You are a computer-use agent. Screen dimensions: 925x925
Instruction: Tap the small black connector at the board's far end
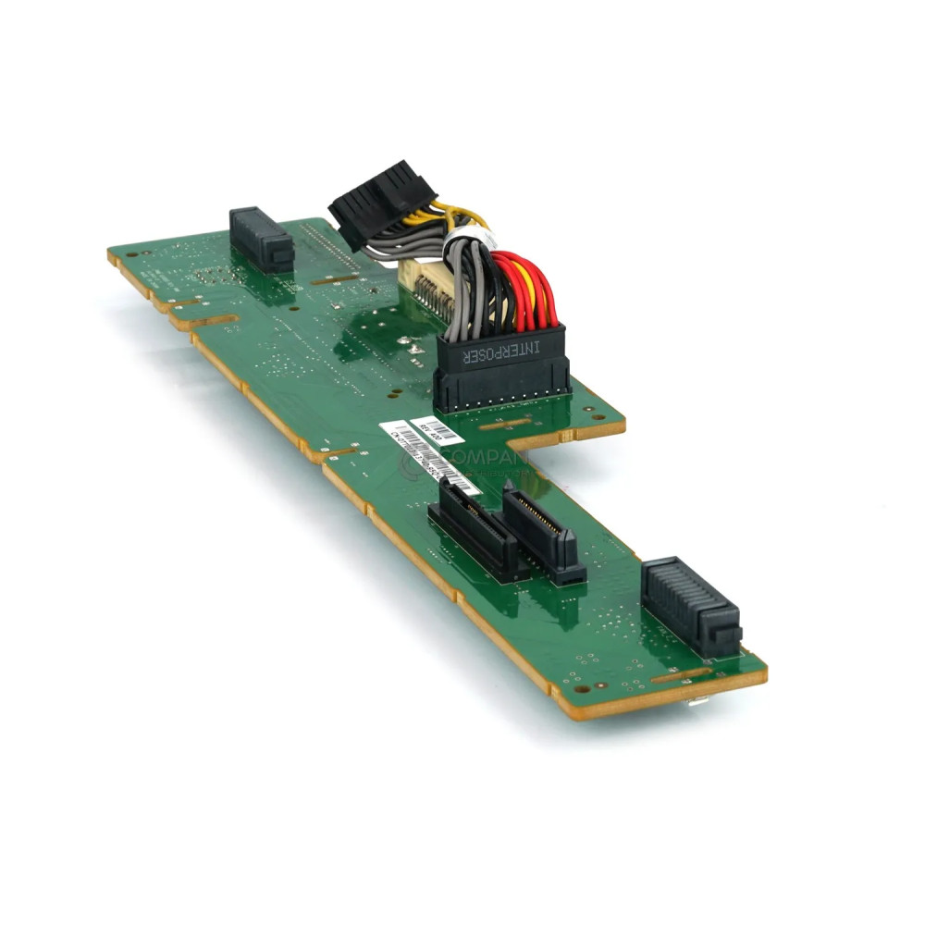(x=261, y=240)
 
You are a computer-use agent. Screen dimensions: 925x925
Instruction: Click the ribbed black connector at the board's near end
(x=690, y=607)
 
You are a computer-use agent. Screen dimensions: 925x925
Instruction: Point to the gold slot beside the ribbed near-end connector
(x=680, y=675)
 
